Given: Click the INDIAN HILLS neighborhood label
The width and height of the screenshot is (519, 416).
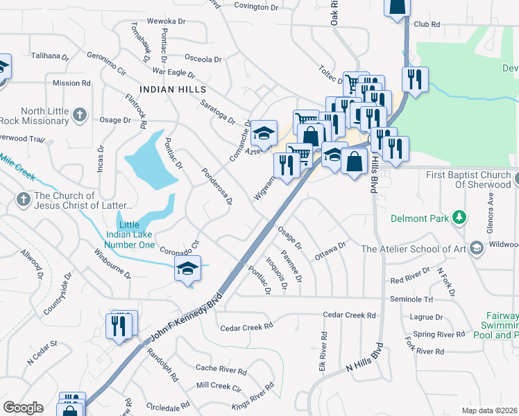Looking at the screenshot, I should tap(173, 89).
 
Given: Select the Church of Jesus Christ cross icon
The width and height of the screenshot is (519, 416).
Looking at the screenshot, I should tap(22, 200).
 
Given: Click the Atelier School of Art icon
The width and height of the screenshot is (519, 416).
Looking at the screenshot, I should tap(476, 248).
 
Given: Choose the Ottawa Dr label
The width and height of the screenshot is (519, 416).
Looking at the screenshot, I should tap(330, 250).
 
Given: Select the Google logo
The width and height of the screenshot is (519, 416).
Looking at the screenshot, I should tap(23, 408).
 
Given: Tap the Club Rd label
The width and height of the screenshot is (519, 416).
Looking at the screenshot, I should tap(427, 24).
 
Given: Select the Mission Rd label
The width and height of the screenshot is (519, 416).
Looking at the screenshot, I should tap(71, 83).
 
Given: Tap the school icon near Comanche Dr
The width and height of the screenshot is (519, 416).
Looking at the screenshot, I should tap(264, 131).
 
